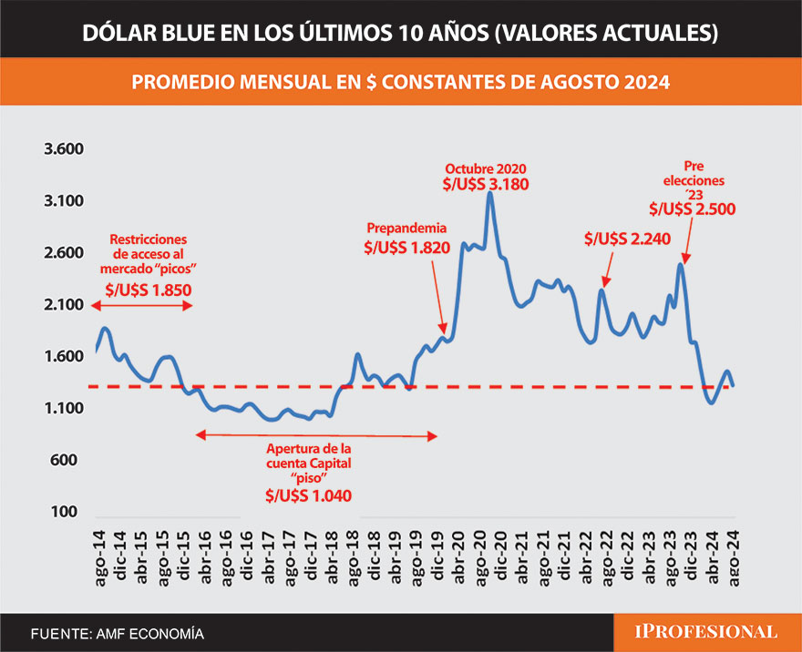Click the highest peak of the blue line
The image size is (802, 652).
coord(490,194)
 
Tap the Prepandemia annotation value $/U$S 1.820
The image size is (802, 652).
coord(407,247)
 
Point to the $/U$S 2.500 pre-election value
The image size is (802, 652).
coord(693,209)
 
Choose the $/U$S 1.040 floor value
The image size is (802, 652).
coord(308,495)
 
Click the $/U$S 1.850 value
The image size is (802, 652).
coord(149,290)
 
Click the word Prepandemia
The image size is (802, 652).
coord(407,228)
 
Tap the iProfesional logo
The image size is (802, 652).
coord(706,631)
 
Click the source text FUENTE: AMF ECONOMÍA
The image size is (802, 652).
coord(118,633)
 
